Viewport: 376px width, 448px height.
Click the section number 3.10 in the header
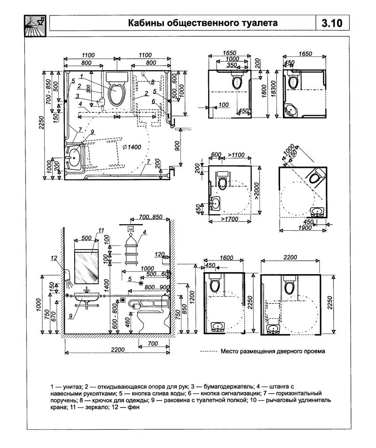332,23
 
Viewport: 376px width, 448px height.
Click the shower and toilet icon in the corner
35,26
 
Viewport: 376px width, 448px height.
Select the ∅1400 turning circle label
132,147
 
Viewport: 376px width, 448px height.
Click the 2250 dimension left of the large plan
42,123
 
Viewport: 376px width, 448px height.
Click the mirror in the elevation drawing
86,266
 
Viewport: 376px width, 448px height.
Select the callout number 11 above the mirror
101,230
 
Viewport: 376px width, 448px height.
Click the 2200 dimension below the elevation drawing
117,349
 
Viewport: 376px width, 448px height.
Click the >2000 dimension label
257,191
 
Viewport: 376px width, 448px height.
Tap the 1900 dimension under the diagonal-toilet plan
305,228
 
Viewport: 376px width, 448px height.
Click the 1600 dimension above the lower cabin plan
227,258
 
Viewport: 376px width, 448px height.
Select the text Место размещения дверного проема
273,351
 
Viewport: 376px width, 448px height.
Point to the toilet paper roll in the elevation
136,307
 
